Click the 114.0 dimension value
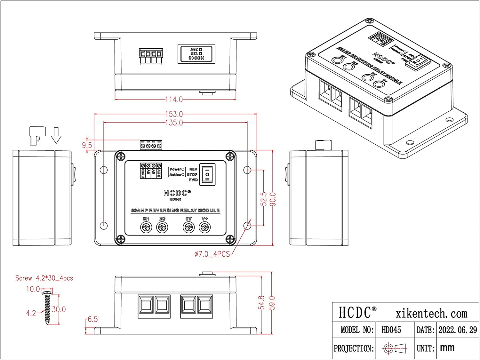[174, 100]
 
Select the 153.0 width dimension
[174, 114]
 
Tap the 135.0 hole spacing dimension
[174, 123]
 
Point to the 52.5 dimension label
[264, 199]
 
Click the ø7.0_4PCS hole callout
[212, 254]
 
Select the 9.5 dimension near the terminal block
[87, 145]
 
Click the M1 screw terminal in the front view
[146, 228]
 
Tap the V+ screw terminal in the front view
[204, 228]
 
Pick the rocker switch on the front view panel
[207, 174]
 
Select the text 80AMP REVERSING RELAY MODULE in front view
[175, 211]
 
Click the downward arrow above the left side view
[56, 135]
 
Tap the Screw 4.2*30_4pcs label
[44, 278]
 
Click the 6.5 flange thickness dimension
[92, 319]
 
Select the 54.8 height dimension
[262, 303]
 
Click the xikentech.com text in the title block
[431, 314]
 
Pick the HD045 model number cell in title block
[391, 330]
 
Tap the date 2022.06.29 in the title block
[457, 330]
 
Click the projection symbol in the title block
[395, 348]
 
